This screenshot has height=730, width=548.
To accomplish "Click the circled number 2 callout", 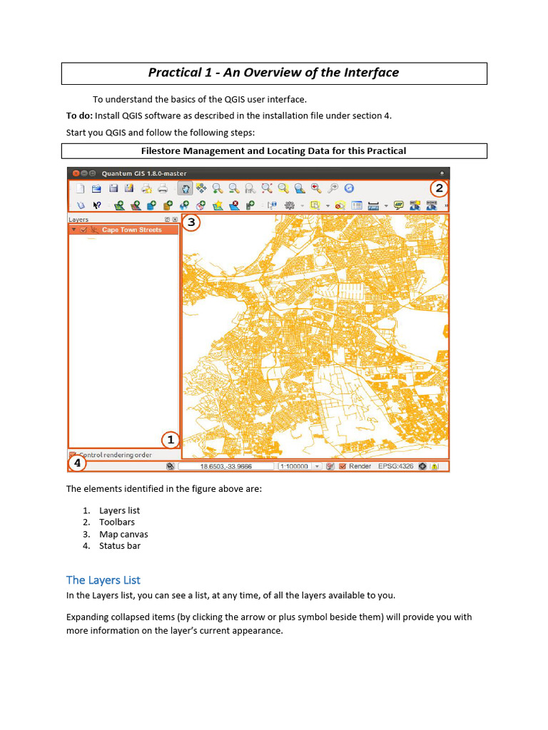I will click(x=439, y=189).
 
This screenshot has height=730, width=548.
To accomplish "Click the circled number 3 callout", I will click(x=191, y=222).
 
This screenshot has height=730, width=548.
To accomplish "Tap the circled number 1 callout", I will click(x=170, y=439).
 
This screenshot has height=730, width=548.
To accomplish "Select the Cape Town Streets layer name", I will click(x=131, y=230).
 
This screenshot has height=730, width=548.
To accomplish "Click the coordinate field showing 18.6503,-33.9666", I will click(x=225, y=466).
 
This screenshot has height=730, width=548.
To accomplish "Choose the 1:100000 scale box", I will click(x=294, y=466).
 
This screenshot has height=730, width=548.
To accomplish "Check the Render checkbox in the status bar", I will click(x=342, y=466).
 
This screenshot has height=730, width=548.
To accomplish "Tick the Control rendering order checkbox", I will click(x=73, y=455).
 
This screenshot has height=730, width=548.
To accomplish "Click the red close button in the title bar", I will click(x=76, y=173).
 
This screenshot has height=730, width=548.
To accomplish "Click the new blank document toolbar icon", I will click(x=80, y=189).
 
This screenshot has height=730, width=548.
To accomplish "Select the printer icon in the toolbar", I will click(x=163, y=189).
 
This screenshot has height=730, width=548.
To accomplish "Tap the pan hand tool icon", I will click(x=185, y=189).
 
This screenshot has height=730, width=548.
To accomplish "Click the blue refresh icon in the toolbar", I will click(x=349, y=189).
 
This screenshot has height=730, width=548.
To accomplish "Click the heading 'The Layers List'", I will click(x=103, y=580).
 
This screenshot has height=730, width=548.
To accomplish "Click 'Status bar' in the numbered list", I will click(x=120, y=545).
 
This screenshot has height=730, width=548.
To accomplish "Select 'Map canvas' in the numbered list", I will click(x=123, y=534).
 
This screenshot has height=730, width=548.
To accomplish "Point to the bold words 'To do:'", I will click(x=79, y=115).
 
